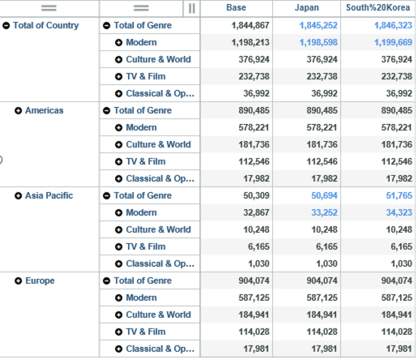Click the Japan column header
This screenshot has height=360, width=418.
[306, 7]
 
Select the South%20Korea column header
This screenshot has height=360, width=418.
[377, 7]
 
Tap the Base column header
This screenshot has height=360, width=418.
[236, 7]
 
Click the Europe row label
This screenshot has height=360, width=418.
[40, 281]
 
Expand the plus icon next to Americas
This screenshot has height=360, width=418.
[18, 111]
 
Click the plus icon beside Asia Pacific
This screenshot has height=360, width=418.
[18, 196]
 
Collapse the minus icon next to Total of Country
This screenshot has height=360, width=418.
[6, 26]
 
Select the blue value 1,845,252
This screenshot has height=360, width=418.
[318, 25]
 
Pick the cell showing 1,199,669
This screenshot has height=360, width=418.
[393, 42]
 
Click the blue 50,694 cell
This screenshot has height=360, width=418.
[324, 195]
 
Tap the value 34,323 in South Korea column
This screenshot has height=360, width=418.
[399, 212]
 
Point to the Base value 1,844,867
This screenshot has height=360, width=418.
[250, 25]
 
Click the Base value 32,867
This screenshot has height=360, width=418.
[256, 212]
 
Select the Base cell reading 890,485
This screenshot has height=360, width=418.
[254, 110]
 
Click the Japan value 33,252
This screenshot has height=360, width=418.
[324, 212]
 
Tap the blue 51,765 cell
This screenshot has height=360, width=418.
[399, 195]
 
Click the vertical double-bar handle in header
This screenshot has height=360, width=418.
[192, 8]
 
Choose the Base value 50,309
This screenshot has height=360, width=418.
[256, 195]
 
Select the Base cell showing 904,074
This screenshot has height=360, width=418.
[254, 281]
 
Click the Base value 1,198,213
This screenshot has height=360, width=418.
[250, 42]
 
